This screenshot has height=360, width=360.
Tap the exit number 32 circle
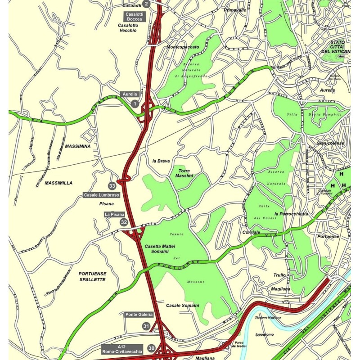(124, 222)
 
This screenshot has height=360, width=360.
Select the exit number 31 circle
(146, 326)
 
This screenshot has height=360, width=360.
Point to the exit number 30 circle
(151, 348)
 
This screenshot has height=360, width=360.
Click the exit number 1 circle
(134, 103)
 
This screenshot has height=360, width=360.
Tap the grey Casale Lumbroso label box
(102, 195)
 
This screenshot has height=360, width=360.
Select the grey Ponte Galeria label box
(139, 315)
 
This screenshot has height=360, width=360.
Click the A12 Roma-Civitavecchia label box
(122, 348)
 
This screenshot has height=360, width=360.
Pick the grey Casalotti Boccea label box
(134, 17)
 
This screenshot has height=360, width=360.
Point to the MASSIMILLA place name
(58, 183)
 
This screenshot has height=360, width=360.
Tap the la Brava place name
(161, 161)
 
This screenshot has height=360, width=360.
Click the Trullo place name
(279, 275)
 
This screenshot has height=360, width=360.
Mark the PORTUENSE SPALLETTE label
(92, 276)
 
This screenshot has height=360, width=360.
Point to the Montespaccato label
(182, 47)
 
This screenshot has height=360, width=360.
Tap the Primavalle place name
(235, 9)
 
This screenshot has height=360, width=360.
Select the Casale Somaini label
(182, 305)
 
